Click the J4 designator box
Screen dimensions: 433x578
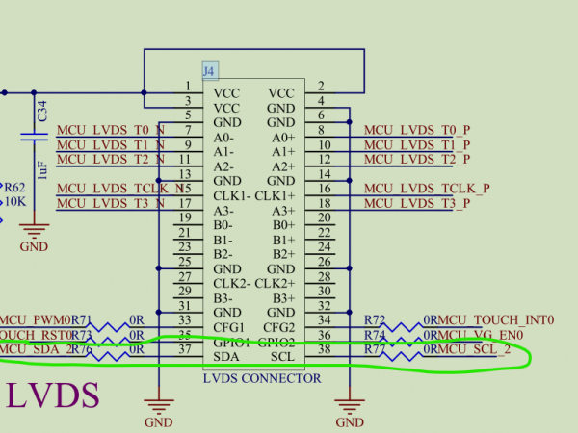pyautogui.click(x=209, y=70)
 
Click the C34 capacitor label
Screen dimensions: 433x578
pyautogui.click(x=40, y=114)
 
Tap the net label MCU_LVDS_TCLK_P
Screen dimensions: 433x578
pyautogui.click(x=427, y=189)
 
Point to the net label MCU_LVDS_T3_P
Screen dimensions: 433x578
pyautogui.click(x=417, y=203)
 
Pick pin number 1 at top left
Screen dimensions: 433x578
pyautogui.click(x=186, y=87)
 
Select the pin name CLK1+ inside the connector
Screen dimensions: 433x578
pyautogui.click(x=276, y=196)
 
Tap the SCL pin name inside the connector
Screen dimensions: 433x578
pyautogui.click(x=282, y=357)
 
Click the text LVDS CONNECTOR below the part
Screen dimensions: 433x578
pyautogui.click(x=262, y=378)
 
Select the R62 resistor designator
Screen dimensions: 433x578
pyautogui.click(x=15, y=189)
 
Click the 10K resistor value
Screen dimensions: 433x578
pyautogui.click(x=15, y=203)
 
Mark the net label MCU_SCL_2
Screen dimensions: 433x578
pyautogui.click(x=474, y=350)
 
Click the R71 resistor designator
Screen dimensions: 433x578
pyautogui.click(x=81, y=319)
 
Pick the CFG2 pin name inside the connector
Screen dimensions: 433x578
pyautogui.click(x=277, y=327)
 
